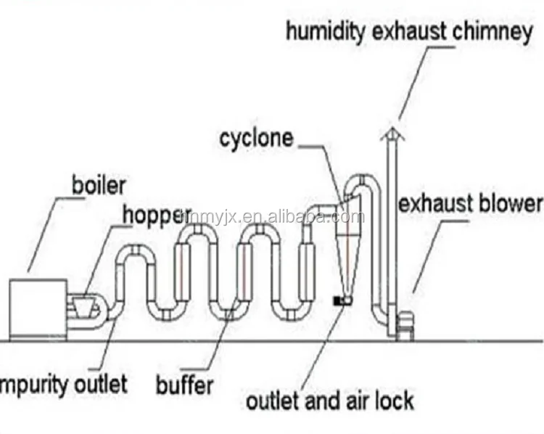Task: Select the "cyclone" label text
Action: coord(257,137)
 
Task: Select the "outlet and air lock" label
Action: coord(330,400)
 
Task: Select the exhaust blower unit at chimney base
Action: coord(406,323)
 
